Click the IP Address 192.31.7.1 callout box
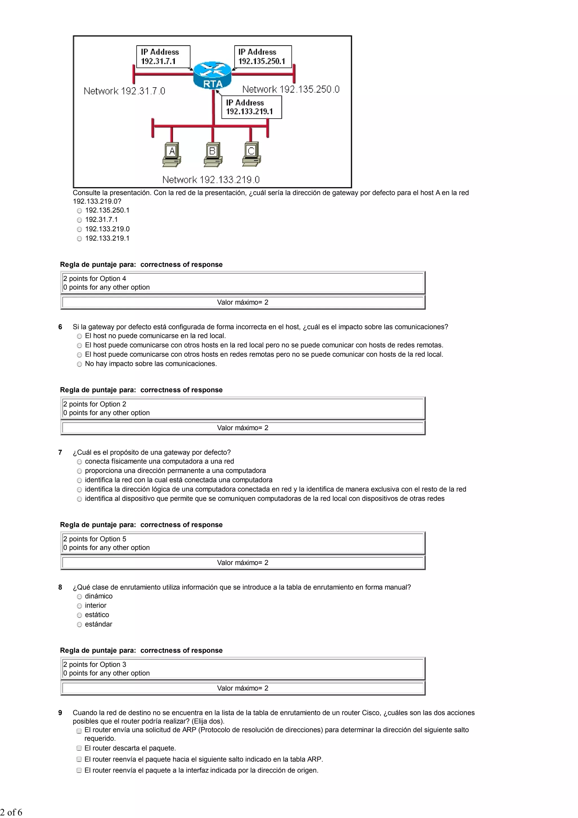163,56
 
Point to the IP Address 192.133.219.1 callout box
251,107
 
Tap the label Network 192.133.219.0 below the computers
211,180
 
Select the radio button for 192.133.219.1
79,239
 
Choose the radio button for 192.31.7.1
79,220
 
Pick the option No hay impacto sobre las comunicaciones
79,364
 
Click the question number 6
60,327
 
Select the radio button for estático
79,615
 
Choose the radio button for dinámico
79,597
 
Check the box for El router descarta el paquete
79,748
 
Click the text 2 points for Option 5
95,539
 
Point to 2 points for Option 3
95,664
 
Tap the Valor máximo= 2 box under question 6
242,427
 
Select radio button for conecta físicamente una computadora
79,462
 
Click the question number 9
60,713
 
